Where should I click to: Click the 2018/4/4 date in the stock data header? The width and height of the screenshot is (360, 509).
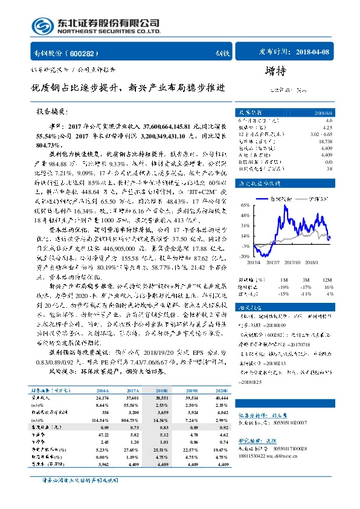[x=320, y=113]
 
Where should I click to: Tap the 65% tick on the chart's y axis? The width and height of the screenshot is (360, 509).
[x=244, y=206]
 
